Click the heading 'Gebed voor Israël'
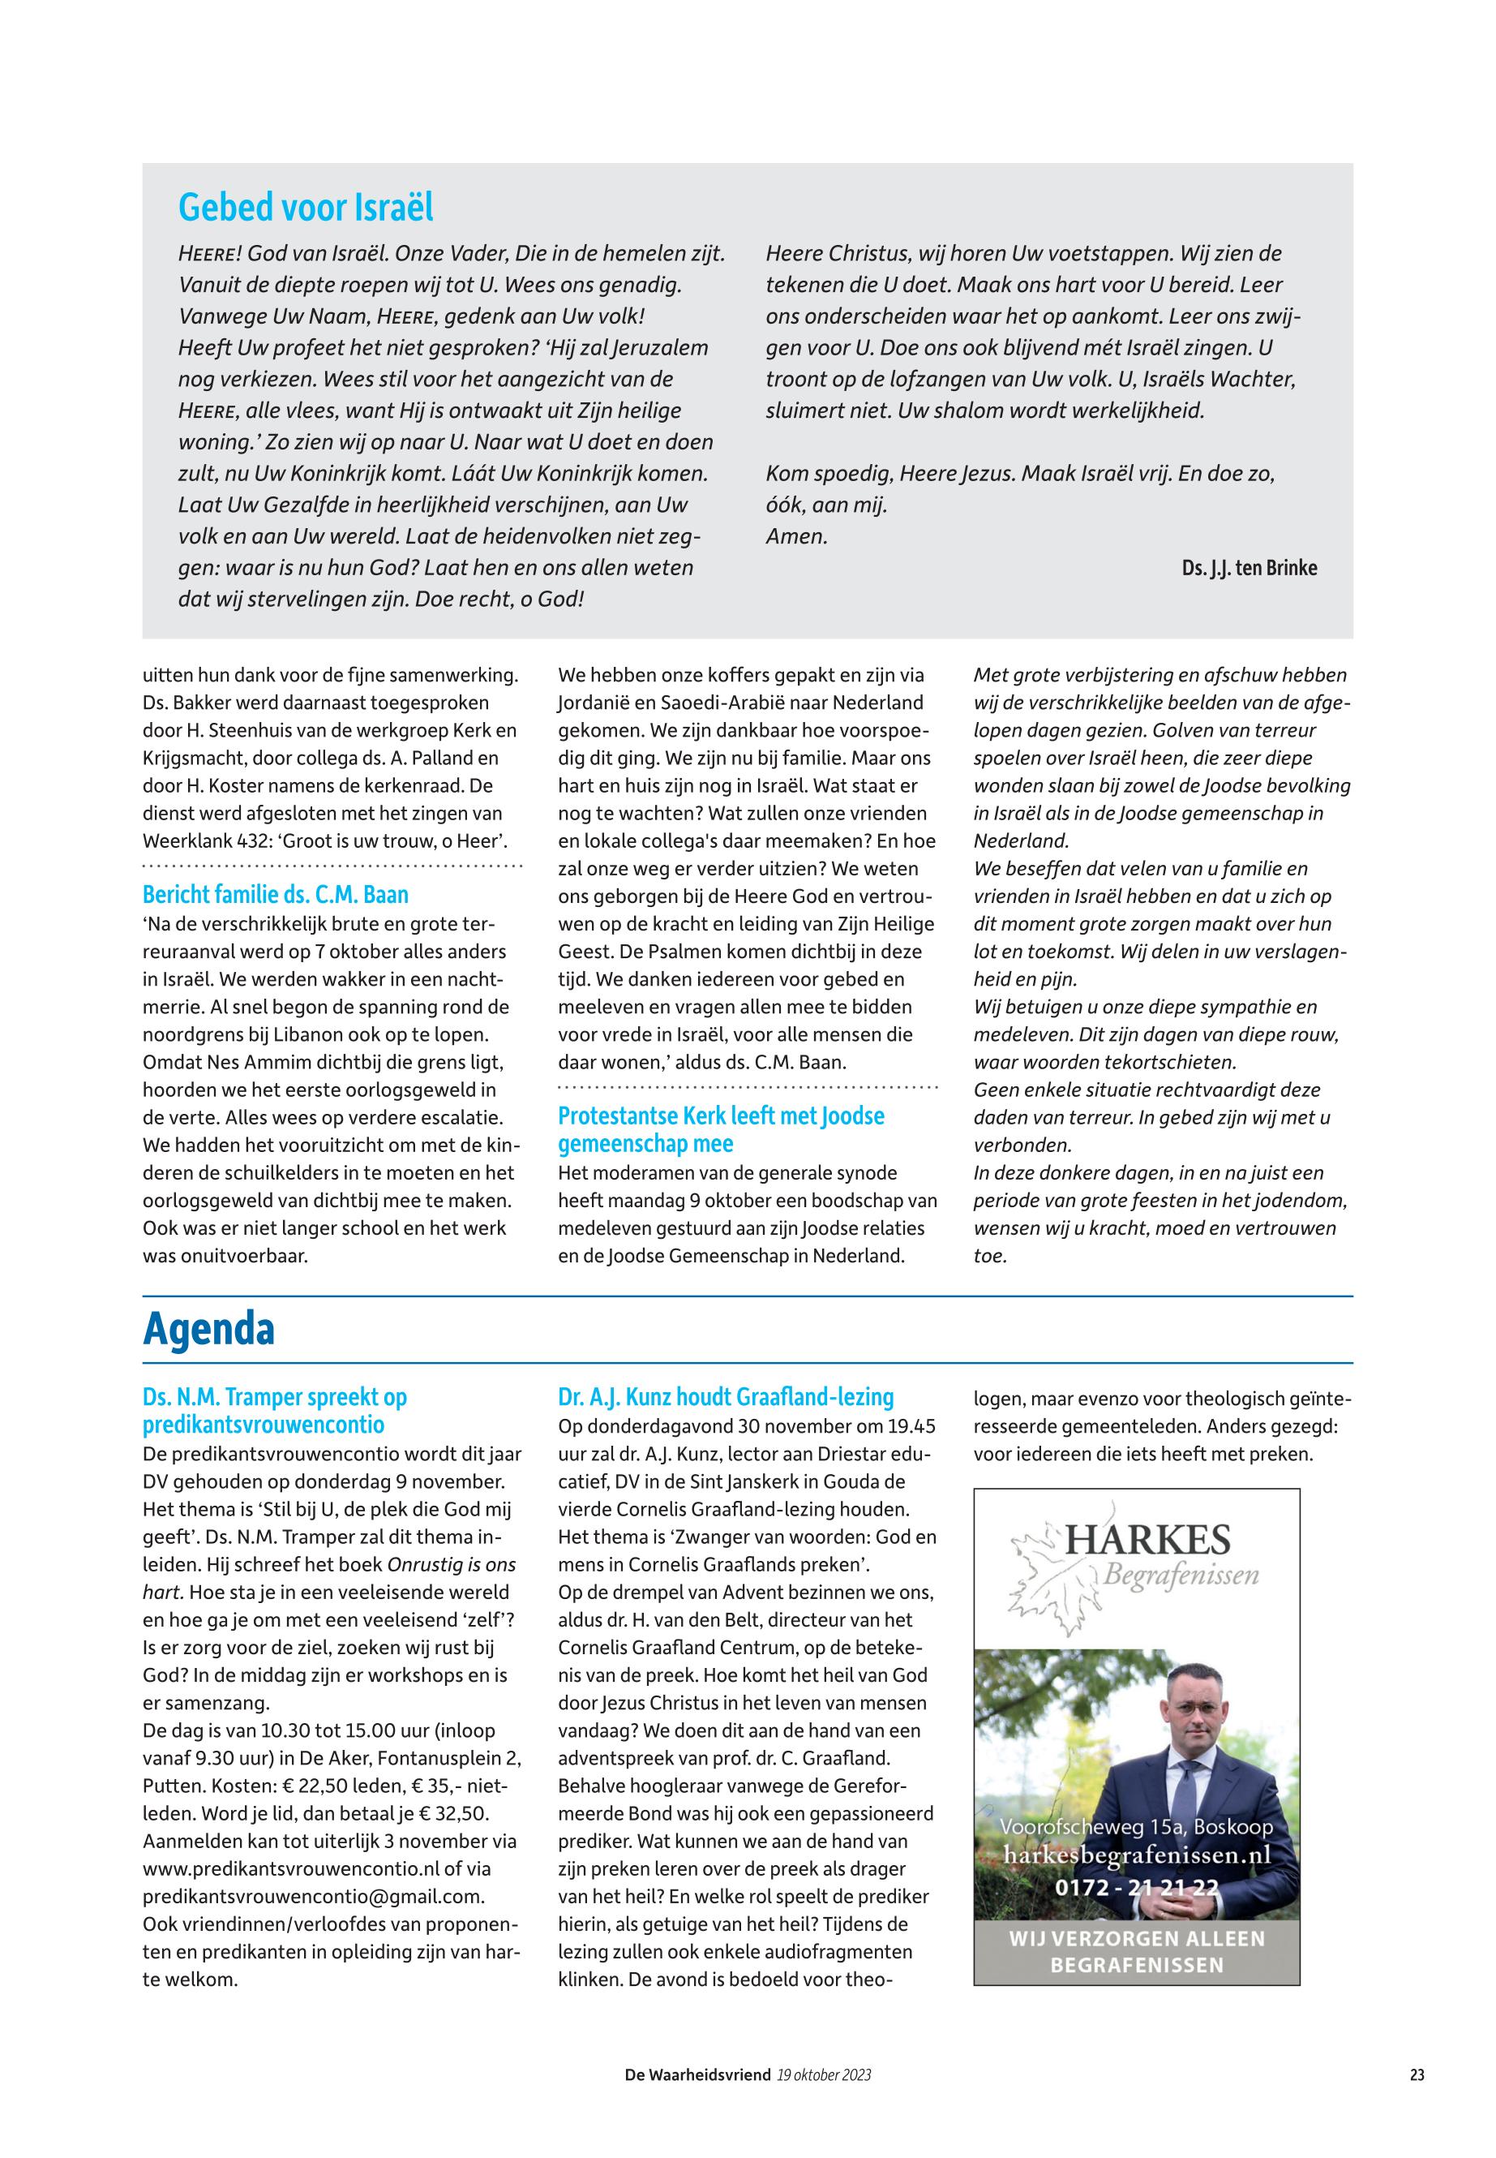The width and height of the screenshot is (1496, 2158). coord(306,207)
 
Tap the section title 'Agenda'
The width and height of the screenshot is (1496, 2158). coord(209,1329)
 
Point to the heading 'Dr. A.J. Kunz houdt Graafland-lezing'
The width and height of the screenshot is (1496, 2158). coord(726,1396)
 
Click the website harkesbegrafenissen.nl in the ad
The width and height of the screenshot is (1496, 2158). coord(1137,1855)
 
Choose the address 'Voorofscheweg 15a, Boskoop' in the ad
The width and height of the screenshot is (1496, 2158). coord(1137,1827)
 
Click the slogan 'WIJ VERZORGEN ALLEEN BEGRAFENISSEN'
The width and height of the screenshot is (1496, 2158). coord(1137,1952)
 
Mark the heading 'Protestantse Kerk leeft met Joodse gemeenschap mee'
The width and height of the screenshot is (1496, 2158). coord(721,1129)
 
